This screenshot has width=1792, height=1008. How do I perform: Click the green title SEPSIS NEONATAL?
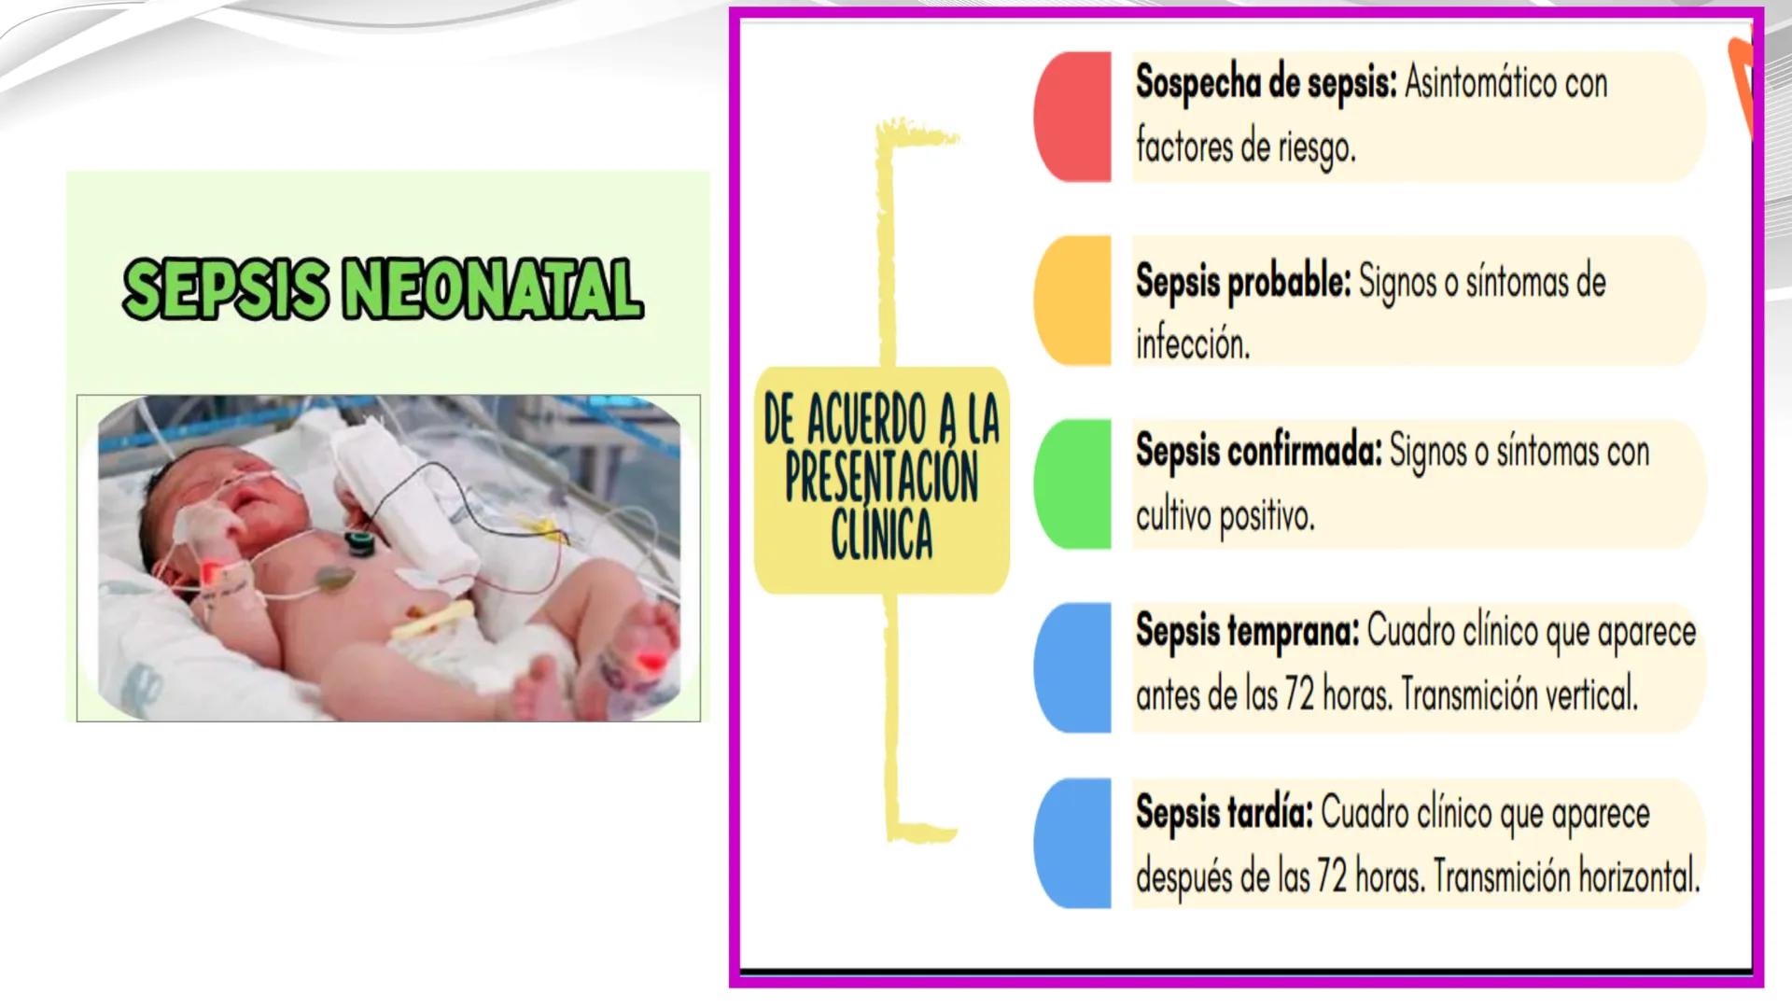pos(383,289)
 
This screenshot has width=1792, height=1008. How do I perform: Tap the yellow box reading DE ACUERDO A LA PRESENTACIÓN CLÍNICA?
pos(881,479)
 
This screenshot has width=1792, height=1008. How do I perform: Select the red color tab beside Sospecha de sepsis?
pos(1074,117)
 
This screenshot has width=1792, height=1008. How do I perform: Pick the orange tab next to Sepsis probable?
pos(1074,300)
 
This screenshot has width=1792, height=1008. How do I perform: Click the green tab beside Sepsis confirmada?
pos(1074,483)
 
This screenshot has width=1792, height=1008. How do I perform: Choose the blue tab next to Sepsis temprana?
pos(1074,667)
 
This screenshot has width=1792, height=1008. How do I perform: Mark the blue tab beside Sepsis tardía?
pos(1074,844)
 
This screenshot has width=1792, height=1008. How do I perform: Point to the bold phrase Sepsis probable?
pos(1242,281)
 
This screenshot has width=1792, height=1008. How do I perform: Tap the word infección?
pos(1192,344)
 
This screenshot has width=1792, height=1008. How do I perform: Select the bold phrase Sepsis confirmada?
pos(1258,452)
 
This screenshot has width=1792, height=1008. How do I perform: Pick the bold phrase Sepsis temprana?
pos(1247,632)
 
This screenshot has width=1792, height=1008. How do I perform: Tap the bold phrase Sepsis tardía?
pos(1224,812)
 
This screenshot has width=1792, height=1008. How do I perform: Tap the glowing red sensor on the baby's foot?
pos(650,664)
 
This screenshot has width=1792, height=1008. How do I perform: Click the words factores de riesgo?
pos(1245,147)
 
